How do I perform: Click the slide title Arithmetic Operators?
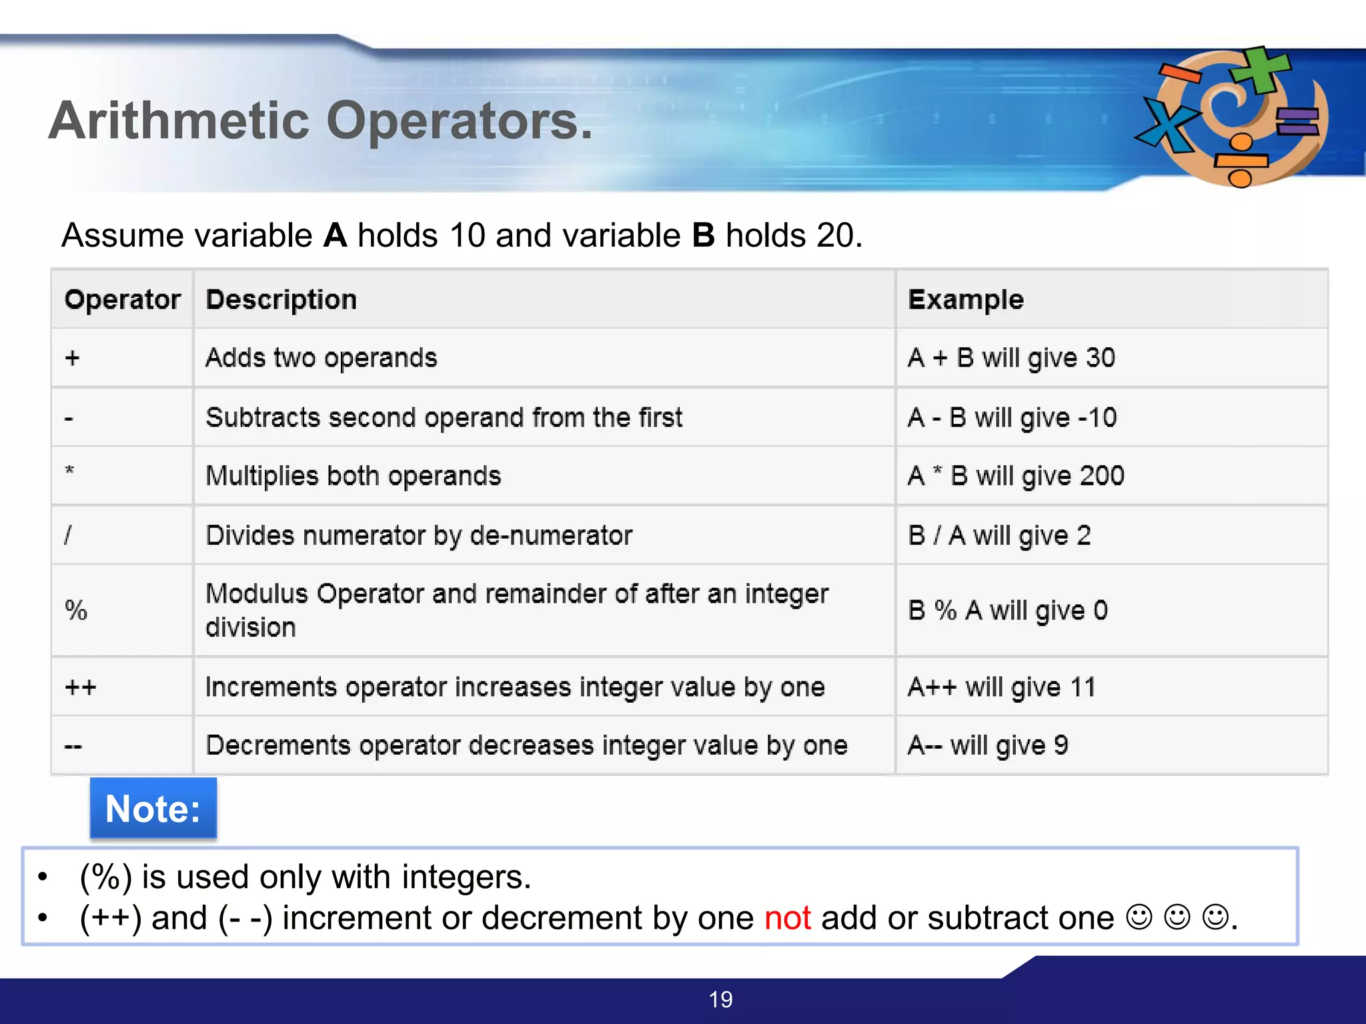click(x=320, y=121)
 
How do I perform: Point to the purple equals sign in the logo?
click(x=1297, y=121)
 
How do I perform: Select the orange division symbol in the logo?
click(x=1241, y=161)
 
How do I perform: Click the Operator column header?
click(x=123, y=300)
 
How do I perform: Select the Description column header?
click(x=281, y=300)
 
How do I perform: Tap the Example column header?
click(x=966, y=300)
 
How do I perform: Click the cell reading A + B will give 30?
click(x=1011, y=358)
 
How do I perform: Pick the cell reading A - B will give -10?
click(x=1012, y=418)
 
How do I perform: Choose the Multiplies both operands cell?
click(x=353, y=476)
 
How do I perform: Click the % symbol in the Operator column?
click(x=76, y=610)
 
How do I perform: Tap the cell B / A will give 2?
click(x=999, y=535)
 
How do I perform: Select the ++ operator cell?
click(x=81, y=687)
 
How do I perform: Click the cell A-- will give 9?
click(x=988, y=745)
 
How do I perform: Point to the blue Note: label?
click(x=153, y=809)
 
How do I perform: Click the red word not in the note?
click(x=788, y=918)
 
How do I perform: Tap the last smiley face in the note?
click(x=1215, y=917)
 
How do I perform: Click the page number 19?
click(x=720, y=999)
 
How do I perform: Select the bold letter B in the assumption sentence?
click(x=703, y=235)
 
